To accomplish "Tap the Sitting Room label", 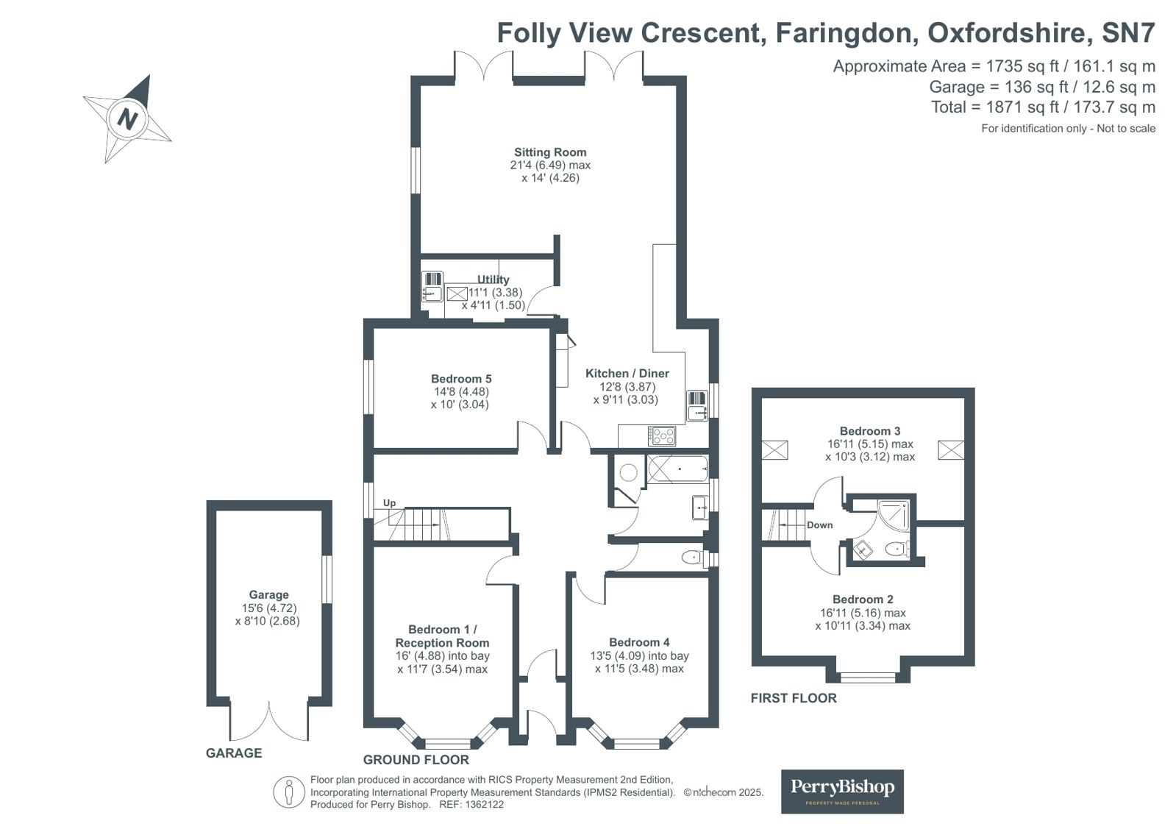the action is (550, 152).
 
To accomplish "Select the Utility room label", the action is (493, 280).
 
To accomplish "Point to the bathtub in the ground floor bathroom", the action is (677, 469).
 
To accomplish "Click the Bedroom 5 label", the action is (461, 379).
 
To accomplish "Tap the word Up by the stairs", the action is (389, 503).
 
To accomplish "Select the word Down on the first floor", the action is (819, 525).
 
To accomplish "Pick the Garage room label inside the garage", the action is (268, 594).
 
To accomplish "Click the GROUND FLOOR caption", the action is (416, 759).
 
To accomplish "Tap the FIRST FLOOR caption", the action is (794, 698).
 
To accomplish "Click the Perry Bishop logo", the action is (842, 791).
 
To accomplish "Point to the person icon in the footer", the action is (289, 792).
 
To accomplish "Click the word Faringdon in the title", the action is (844, 32).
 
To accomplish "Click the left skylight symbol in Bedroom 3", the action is (775, 449).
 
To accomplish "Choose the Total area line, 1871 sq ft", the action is (1043, 107).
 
